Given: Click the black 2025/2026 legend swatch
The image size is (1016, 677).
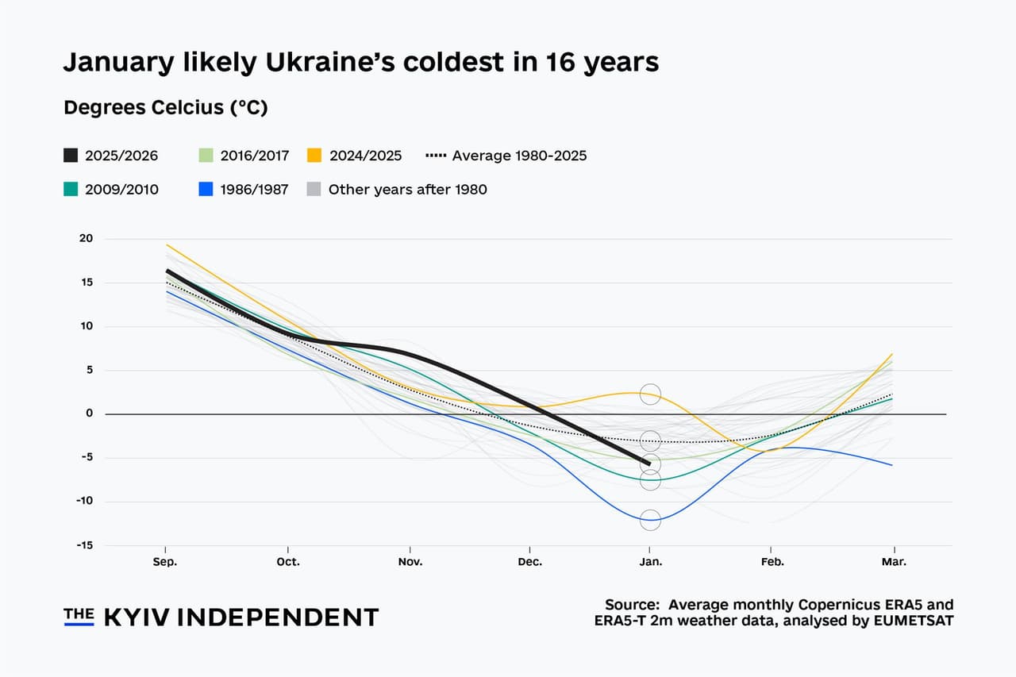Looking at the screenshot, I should pos(71,156).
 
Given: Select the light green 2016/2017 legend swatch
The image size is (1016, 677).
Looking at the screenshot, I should pos(206,156).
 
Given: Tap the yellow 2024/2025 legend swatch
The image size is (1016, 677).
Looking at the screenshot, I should pos(315,156).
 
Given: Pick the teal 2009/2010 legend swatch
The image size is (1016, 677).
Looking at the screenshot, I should pos(71,189).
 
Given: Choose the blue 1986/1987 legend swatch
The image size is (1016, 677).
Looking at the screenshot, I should pos(206,189).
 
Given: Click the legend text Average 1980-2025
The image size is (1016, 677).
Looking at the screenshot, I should pos(519,156).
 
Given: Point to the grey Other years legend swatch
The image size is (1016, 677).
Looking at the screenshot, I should pos(315,189).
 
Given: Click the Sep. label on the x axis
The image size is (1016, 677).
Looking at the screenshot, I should pos(165,562).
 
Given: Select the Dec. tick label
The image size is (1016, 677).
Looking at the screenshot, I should pos(529,562).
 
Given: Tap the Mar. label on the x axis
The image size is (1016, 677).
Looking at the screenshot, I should pos(894,562).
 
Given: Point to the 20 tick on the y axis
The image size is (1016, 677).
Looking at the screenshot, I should pos(86,239).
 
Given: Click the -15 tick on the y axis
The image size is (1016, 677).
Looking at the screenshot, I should pos(84,545).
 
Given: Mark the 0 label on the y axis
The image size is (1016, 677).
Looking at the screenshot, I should pos(90,414).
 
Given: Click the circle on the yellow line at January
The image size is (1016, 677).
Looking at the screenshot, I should pos(650,394).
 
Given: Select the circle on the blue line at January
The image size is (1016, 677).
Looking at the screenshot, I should pos(650,520).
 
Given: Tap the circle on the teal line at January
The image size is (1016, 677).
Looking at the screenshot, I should pos(650,479).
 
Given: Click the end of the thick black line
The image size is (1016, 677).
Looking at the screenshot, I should pos(649,464).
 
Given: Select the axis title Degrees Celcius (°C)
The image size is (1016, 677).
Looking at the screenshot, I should pos(165,109).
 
